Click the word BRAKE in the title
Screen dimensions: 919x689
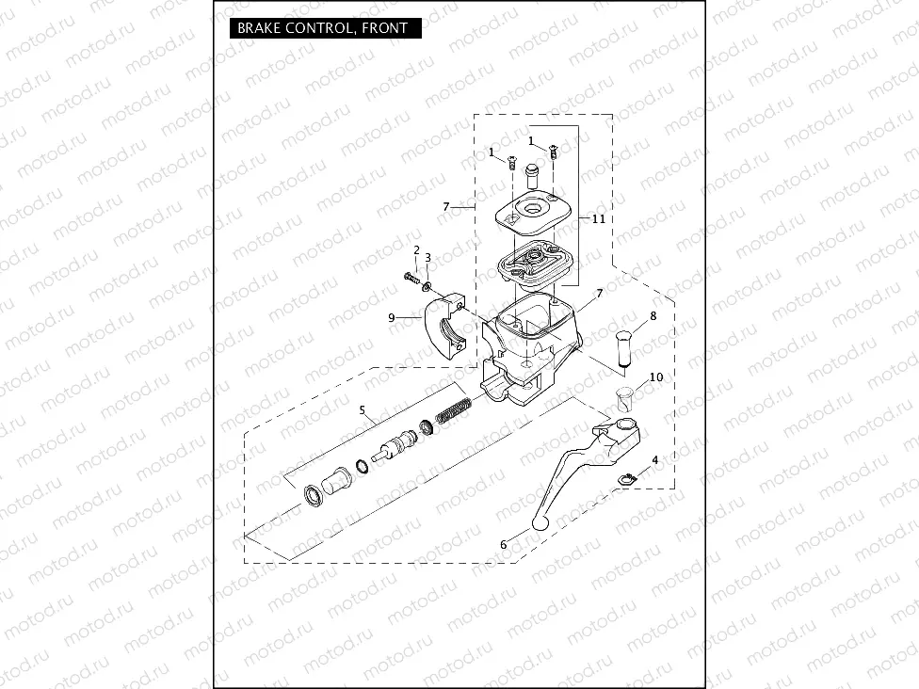[x=255, y=28]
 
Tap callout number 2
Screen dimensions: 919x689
[x=415, y=249]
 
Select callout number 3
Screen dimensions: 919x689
[x=428, y=257]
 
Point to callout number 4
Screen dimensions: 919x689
[x=655, y=459]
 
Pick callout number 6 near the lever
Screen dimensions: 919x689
[x=504, y=544]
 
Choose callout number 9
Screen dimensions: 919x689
[x=392, y=317]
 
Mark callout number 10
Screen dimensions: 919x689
[x=656, y=377]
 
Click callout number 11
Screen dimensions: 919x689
[x=598, y=218]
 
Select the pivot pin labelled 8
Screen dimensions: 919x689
[x=626, y=349]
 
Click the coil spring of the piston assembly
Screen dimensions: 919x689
[x=456, y=413]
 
